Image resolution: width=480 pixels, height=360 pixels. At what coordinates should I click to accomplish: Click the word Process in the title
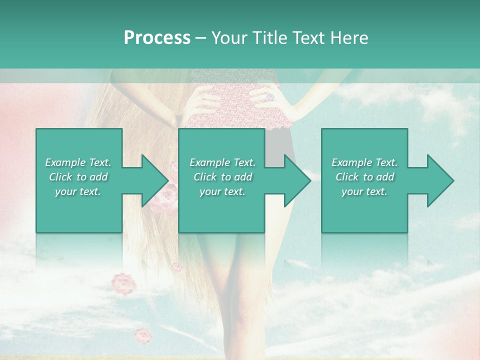[157, 38]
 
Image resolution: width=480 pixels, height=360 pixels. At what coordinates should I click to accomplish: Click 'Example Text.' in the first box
[78, 162]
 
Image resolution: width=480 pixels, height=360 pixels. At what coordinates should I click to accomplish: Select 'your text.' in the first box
[78, 191]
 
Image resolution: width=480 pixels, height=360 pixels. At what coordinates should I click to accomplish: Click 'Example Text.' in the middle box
[222, 162]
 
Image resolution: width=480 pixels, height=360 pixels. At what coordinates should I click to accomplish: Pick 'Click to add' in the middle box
[222, 177]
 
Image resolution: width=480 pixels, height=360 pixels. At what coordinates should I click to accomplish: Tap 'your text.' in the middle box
[222, 191]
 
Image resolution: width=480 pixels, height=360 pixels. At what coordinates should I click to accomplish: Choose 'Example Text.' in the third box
[364, 162]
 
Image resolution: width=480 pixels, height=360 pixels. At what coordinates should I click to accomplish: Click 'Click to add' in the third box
[364, 177]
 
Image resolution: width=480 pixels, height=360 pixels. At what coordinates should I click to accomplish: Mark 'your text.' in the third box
[364, 191]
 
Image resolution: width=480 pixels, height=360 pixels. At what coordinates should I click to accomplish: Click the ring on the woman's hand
[270, 96]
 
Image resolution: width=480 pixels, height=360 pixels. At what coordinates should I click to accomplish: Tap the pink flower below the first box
[123, 283]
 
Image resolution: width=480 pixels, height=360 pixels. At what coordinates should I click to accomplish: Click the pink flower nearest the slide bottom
[143, 335]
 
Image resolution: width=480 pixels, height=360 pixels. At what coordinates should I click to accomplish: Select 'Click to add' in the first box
[78, 177]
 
